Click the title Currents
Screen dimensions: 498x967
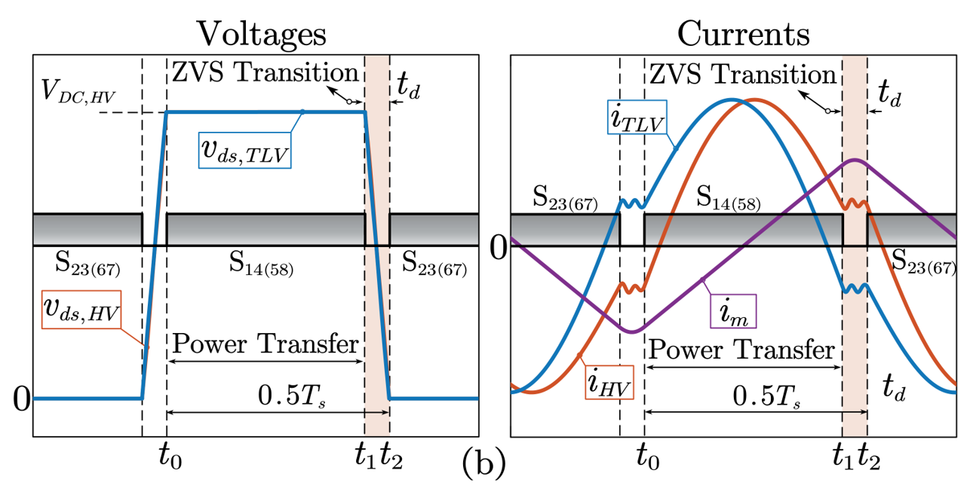pyautogui.click(x=744, y=34)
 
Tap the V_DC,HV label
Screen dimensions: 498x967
pyautogui.click(x=76, y=96)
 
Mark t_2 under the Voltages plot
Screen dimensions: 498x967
pyautogui.click(x=391, y=457)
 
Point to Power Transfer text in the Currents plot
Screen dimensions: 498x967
pyautogui.click(x=742, y=350)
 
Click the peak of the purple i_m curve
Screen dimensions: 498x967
pyautogui.click(x=855, y=160)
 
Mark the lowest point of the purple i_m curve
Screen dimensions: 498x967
pyautogui.click(x=632, y=332)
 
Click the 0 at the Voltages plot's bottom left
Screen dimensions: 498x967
pyautogui.click(x=21, y=399)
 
